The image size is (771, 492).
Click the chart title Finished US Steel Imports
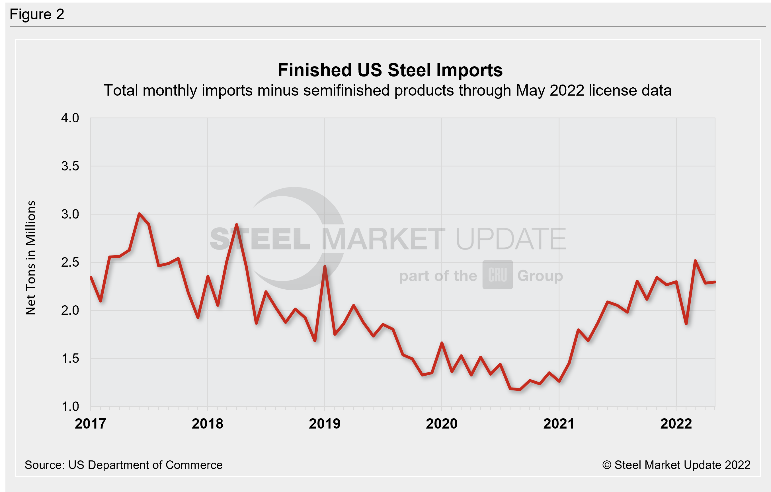tap(390, 70)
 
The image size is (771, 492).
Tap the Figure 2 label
tap(37, 15)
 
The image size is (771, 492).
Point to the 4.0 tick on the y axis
tap(70, 118)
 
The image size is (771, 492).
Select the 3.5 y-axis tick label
tap(70, 166)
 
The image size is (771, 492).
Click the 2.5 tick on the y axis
tap(70, 262)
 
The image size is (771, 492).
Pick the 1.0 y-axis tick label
tap(70, 407)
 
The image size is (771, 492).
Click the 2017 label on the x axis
tap(90, 424)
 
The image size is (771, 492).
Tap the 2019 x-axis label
tap(325, 424)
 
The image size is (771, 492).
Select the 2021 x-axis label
tap(559, 424)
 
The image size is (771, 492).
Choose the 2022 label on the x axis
tap(676, 424)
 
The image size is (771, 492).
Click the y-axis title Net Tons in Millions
tap(31, 258)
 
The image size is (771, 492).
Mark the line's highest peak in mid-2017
tap(139, 213)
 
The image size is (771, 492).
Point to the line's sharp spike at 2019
tap(325, 266)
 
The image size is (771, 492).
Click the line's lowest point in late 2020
tap(520, 390)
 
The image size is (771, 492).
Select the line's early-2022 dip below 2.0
tap(686, 324)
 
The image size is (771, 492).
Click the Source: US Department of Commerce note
tap(124, 465)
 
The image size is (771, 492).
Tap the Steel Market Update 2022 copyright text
tap(676, 465)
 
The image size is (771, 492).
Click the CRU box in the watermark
tap(498, 275)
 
